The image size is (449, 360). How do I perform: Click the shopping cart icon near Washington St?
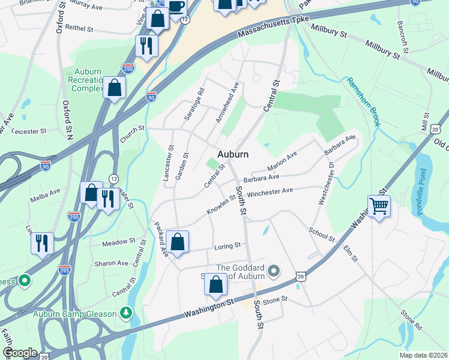(379, 207)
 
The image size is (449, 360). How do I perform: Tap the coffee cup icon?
(176, 7)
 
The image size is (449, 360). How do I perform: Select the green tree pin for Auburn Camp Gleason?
(125, 313)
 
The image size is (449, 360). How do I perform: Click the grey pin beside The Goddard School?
(274, 272)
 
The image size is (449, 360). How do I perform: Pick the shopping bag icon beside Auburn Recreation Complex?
(114, 88)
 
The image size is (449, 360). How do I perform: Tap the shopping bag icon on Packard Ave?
(178, 242)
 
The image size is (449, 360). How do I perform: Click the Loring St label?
(228, 245)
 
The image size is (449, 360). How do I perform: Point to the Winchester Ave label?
(270, 192)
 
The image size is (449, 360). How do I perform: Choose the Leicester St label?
(28, 131)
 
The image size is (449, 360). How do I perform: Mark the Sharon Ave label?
(111, 263)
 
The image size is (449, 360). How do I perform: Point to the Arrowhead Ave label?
(228, 106)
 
